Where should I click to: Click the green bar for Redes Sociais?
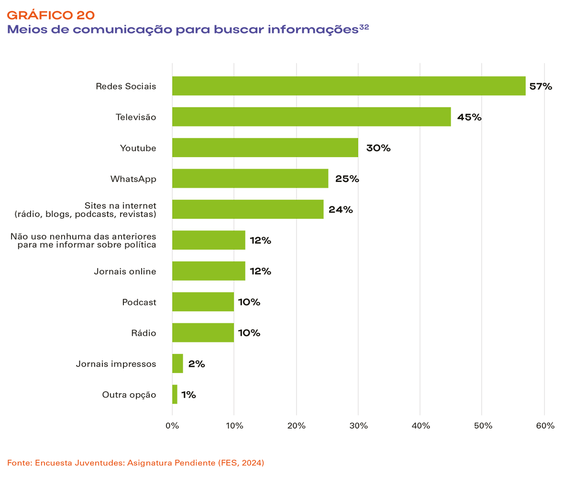point(349,86)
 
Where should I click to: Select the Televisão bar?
point(311,117)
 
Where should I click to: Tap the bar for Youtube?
point(265,148)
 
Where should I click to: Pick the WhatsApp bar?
point(250,179)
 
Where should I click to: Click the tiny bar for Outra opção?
point(175,395)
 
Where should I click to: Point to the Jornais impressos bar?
point(177,363)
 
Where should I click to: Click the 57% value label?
point(541,87)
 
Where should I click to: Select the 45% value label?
point(469,117)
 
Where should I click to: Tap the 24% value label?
point(341,210)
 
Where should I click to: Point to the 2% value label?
point(197,364)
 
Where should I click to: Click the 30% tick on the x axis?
point(358,426)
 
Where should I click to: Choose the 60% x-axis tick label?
point(545,426)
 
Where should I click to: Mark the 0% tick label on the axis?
point(172,426)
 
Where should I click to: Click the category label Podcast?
point(139,302)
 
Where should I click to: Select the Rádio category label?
point(144,333)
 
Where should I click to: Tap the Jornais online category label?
point(125,272)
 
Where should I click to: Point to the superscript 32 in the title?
point(364,27)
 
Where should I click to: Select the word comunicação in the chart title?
point(117,30)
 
